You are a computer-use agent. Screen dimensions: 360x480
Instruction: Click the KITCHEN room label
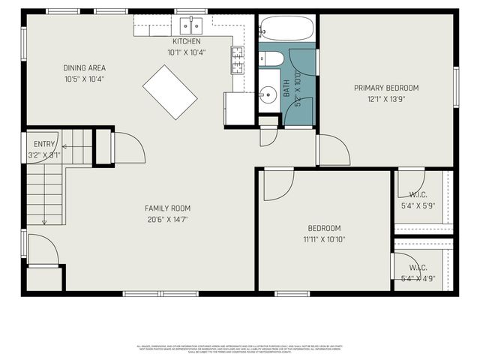coord(187,41)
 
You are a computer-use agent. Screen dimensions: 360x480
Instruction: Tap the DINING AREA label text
coord(84,68)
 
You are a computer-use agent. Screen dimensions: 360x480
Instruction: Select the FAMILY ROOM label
coord(167,208)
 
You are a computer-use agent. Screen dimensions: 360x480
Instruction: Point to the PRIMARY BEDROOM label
coord(386,88)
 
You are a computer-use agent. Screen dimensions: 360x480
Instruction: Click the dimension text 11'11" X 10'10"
coord(324,239)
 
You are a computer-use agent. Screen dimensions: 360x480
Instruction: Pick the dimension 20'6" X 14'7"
coord(167,220)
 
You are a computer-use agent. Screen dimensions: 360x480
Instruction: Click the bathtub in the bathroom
coord(288,28)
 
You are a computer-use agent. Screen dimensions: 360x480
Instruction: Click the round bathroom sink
coord(268,95)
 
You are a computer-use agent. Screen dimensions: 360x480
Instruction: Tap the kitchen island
coord(169,91)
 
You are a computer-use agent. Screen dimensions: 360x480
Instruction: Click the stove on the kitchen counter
coord(237,60)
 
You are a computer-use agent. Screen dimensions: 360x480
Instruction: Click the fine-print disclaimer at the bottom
coord(240,349)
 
